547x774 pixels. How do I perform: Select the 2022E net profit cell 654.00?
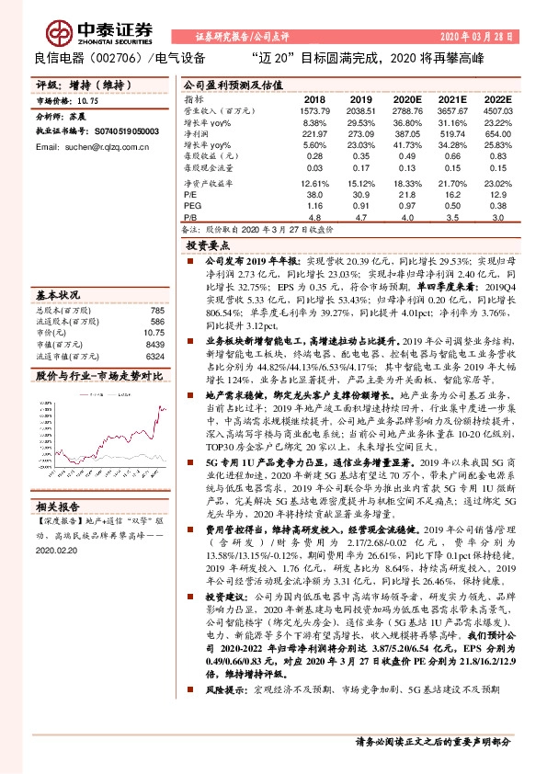497,134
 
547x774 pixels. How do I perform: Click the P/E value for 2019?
359,195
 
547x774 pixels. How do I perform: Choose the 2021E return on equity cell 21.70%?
451,184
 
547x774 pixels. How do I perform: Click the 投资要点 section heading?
208,246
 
